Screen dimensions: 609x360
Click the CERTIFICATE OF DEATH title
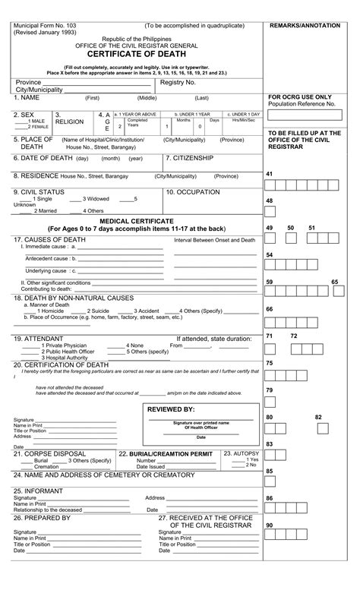137,55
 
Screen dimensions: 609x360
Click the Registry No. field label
178,81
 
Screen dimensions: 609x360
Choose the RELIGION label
70,121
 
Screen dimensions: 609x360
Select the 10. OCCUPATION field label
194,192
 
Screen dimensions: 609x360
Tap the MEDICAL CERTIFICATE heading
137,219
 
